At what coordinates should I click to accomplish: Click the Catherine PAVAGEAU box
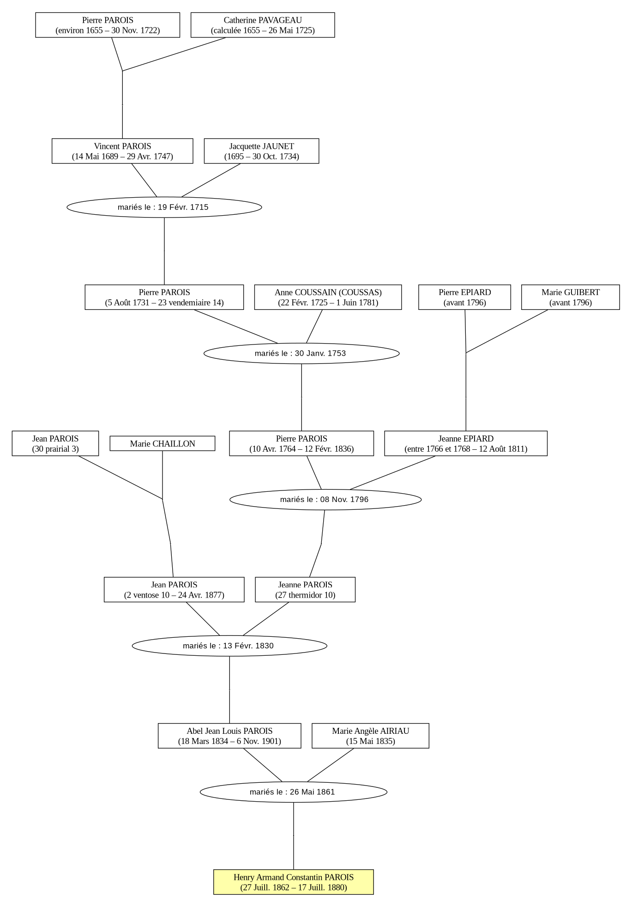(263, 25)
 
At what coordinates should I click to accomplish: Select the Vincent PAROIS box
(122, 151)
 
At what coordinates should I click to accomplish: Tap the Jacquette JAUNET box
(261, 151)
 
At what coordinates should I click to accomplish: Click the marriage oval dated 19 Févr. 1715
(164, 207)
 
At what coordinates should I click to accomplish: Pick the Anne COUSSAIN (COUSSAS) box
(328, 297)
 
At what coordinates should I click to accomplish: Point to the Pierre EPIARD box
(464, 297)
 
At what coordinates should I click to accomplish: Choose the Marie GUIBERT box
(571, 297)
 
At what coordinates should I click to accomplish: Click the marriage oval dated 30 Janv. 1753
(301, 353)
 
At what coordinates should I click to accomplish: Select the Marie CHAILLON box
(163, 443)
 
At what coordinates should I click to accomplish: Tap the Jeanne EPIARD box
(466, 443)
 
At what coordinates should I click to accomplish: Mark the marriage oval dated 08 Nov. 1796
(325, 499)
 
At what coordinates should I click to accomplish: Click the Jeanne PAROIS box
(305, 589)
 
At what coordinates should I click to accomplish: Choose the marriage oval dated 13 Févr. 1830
(229, 646)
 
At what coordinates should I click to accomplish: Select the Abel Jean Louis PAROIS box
(229, 736)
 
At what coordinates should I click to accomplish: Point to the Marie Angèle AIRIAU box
(370, 736)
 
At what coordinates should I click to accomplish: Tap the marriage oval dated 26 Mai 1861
(294, 792)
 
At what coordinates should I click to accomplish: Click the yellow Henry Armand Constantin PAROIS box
(294, 882)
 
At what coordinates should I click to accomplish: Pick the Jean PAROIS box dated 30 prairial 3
(55, 443)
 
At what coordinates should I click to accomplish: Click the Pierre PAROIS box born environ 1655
(108, 25)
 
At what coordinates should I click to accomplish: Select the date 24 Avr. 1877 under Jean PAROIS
(201, 595)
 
